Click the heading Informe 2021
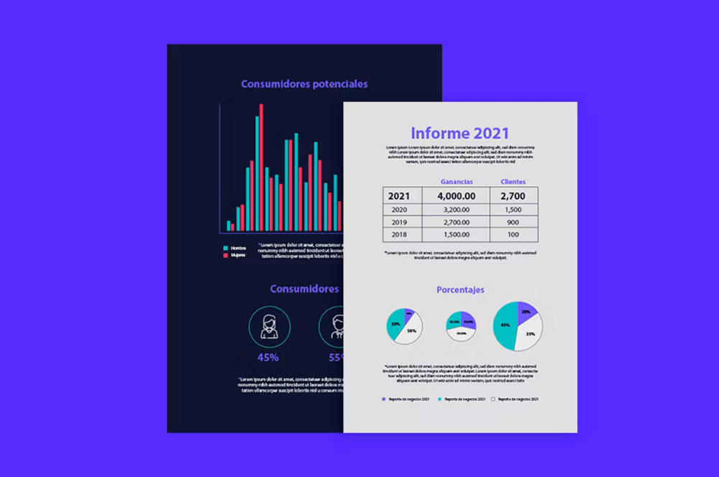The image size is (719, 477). [x=459, y=133]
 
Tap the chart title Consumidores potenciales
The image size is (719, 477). [x=304, y=84]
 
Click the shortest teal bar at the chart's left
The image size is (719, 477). [x=229, y=226]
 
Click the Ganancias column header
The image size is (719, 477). [x=457, y=182]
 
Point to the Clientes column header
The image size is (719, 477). [x=513, y=182]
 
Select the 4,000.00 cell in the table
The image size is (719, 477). [x=456, y=196]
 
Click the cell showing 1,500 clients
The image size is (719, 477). [x=513, y=210]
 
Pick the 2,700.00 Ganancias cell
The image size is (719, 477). [x=456, y=223]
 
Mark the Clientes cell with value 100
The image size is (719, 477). [x=513, y=235]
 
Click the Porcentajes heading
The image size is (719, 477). [x=460, y=290]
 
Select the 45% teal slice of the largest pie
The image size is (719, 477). [x=504, y=325]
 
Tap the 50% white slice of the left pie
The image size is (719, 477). [x=411, y=331]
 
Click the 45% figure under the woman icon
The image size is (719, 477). [x=268, y=356]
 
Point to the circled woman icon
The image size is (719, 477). [x=269, y=327]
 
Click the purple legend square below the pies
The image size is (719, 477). [x=384, y=399]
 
